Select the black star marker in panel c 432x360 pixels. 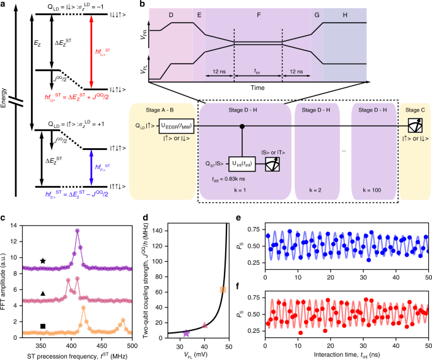(43, 260)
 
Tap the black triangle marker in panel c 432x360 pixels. (43, 294)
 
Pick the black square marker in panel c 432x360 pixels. (43, 326)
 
